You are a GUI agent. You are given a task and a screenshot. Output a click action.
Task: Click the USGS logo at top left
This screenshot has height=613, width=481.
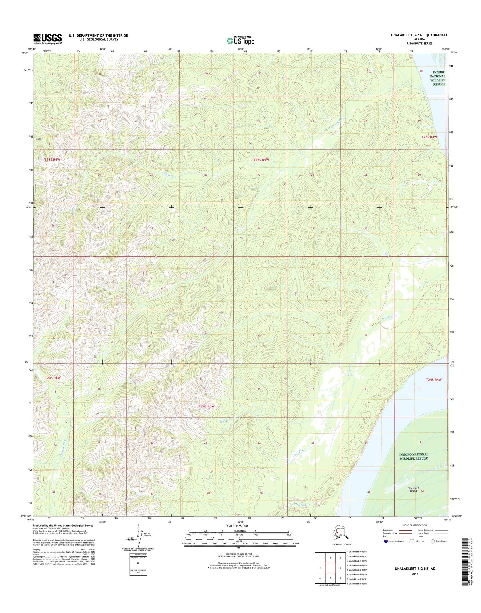pos(47,39)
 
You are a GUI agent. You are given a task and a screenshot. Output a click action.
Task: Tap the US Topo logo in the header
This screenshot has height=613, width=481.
pos(240,40)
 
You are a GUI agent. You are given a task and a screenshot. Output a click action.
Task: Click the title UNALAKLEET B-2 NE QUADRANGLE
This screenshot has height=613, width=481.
pos(419,35)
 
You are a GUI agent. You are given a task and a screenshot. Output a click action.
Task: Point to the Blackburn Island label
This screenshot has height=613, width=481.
pos(413,489)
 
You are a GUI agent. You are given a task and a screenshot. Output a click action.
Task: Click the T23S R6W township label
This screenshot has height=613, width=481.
pos(52,160)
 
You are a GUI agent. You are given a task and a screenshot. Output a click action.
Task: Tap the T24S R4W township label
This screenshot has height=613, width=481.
pos(434,380)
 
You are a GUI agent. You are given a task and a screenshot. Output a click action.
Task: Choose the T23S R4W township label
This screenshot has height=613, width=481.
pos(429,137)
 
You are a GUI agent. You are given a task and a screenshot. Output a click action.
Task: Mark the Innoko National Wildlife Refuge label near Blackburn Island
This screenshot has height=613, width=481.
pos(414,456)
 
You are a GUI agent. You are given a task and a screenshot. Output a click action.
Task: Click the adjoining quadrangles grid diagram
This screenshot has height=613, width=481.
pos(330,568)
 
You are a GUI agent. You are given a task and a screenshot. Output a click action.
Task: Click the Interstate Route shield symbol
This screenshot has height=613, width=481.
pos(385,541)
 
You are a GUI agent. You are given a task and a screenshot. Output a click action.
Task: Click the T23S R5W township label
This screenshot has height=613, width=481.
pos(261,160)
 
